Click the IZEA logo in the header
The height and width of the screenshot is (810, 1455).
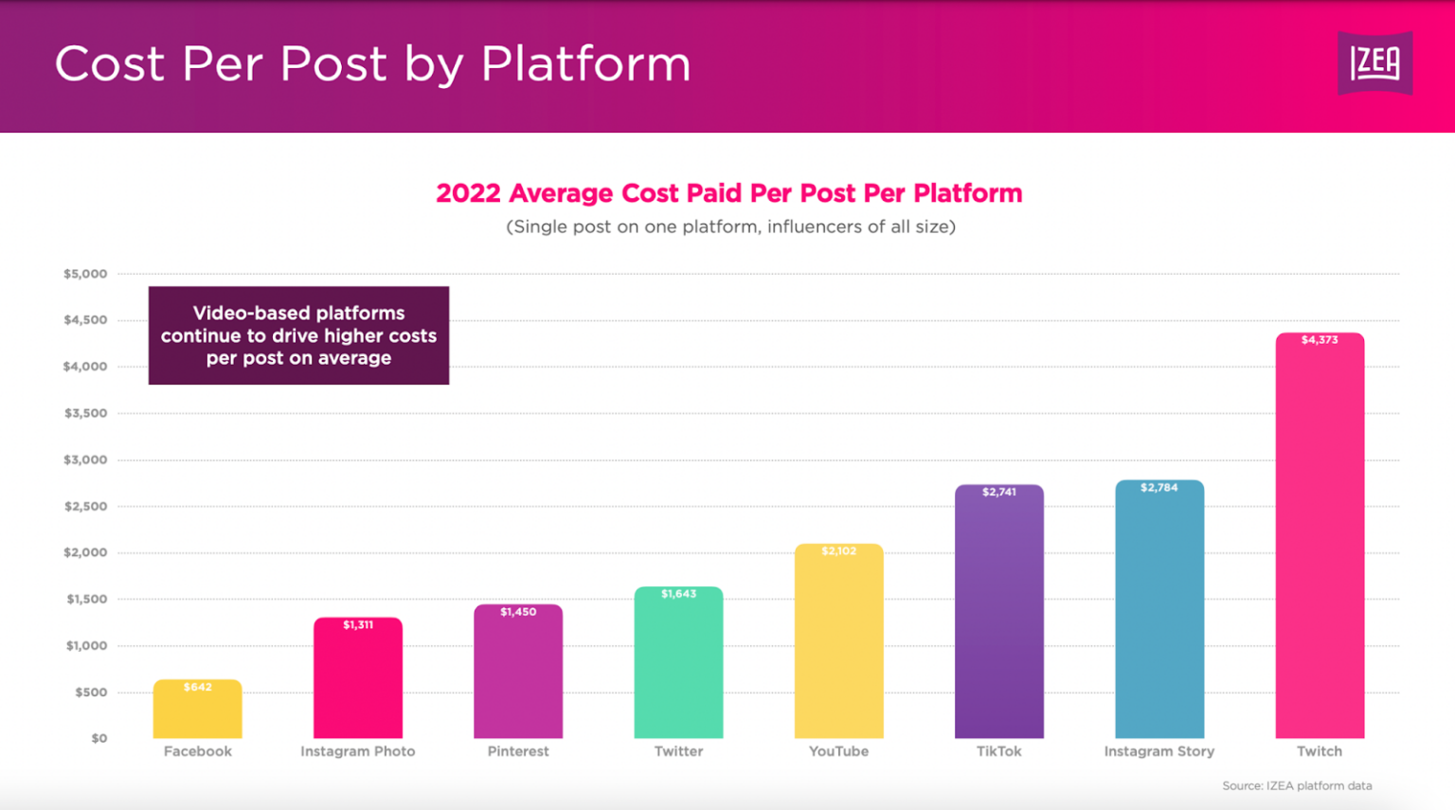(1374, 63)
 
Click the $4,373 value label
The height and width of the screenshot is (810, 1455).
(1320, 340)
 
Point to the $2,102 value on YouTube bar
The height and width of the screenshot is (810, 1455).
(838, 551)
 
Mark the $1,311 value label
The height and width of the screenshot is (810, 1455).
(358, 625)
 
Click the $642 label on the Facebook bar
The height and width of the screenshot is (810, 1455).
(197, 687)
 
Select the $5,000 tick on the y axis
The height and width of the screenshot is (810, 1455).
(85, 274)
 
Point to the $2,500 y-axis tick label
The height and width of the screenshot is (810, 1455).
(85, 507)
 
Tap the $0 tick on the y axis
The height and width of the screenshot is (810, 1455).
(99, 738)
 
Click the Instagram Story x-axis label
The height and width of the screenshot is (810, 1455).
(1159, 751)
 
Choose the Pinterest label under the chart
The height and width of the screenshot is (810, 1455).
(518, 751)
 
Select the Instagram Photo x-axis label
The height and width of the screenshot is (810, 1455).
(358, 751)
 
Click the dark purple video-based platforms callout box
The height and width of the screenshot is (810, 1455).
(298, 335)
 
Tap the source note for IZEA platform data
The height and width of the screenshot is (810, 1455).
(1297, 785)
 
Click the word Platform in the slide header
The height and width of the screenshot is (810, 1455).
(585, 64)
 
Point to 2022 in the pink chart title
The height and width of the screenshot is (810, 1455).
(468, 193)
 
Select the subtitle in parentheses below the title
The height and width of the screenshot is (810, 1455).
(730, 226)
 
